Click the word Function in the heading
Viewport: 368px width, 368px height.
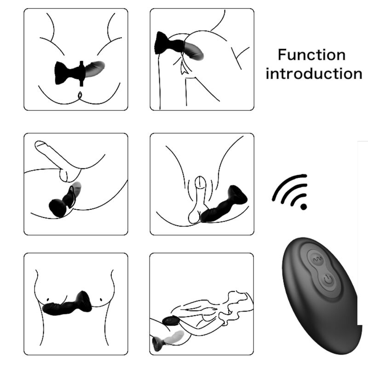311,55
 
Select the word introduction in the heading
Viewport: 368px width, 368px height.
314,74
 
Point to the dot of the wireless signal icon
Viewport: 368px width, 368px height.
303,207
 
